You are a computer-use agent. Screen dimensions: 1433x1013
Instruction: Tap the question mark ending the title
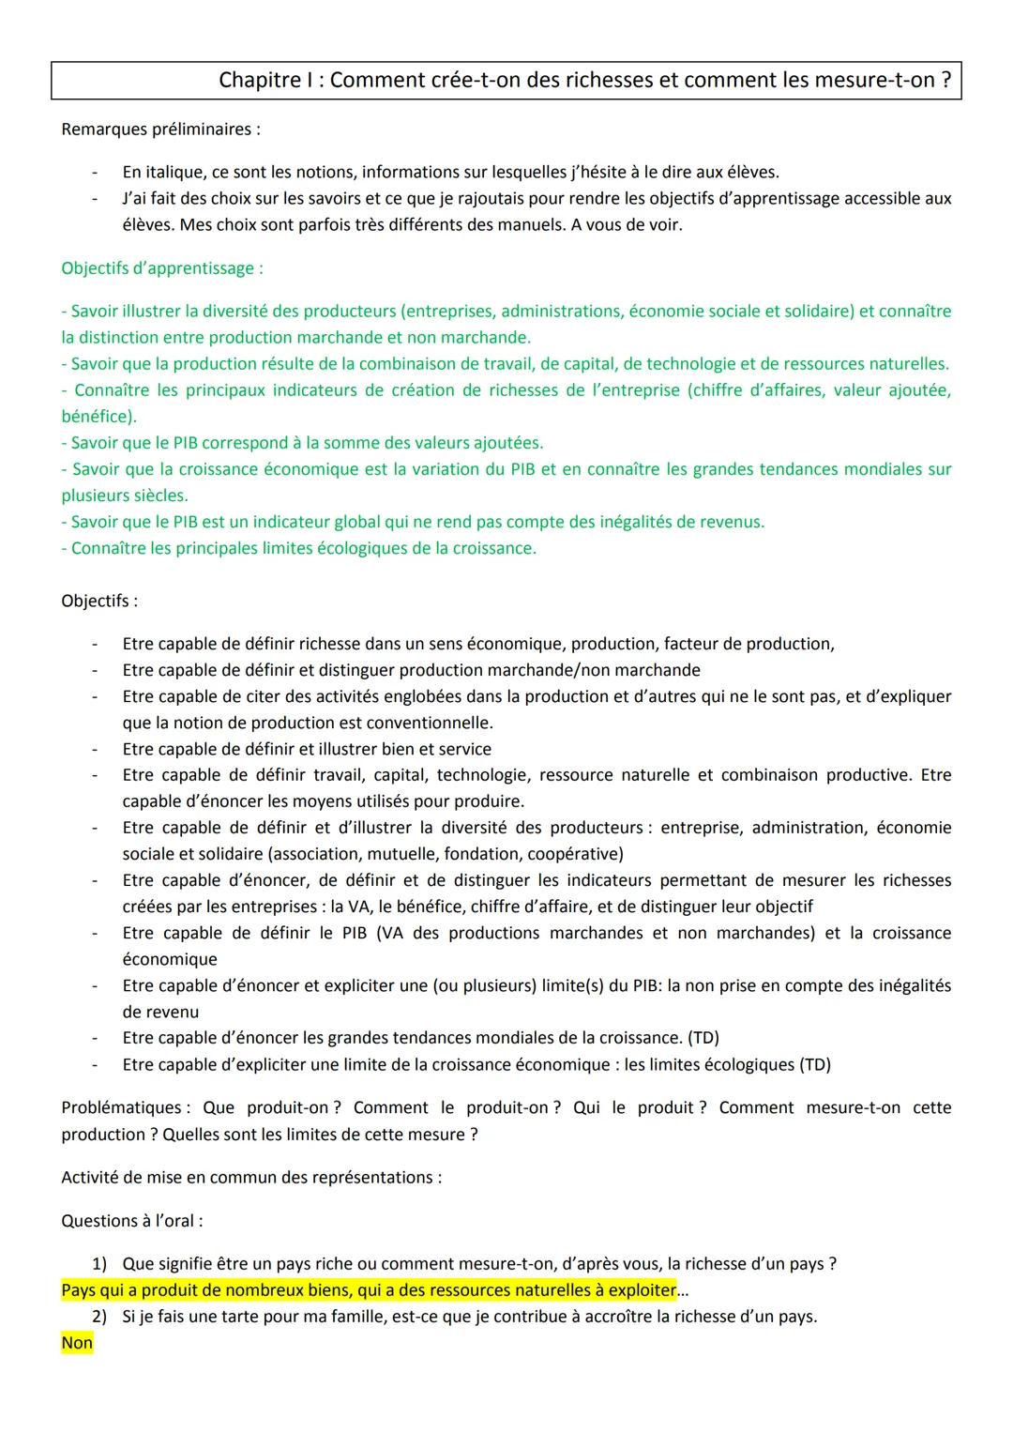point(946,81)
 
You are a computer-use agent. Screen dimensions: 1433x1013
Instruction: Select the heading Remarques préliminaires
point(160,130)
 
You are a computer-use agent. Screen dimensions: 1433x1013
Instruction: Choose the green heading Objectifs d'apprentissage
point(161,268)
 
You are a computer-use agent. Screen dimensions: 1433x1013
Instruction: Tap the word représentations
point(379,1178)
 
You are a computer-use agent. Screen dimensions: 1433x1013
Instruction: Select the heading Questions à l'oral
point(131,1221)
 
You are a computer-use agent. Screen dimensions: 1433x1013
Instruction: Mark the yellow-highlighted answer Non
point(77,1343)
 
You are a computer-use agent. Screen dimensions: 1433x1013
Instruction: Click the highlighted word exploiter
point(642,1290)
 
